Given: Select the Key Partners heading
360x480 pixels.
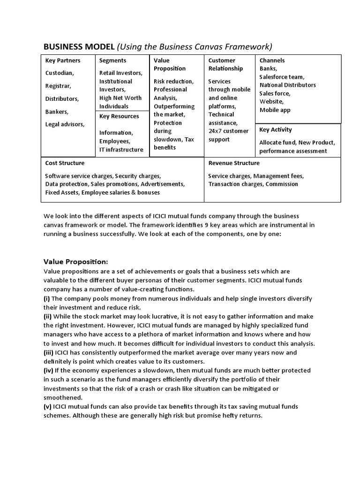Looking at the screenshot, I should [x=62, y=60].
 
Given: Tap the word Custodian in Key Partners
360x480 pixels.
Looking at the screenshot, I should [x=59, y=73].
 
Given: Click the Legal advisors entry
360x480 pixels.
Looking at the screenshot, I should [x=65, y=124].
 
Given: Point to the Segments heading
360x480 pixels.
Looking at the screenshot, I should [x=112, y=60].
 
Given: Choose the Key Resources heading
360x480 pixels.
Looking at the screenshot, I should [x=119, y=116].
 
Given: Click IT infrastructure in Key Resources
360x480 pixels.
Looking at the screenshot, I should [x=121, y=150].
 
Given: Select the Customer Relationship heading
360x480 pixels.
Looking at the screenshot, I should [x=225, y=64].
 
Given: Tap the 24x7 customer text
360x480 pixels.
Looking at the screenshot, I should [x=228, y=131].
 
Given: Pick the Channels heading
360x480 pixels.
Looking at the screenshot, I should [x=272, y=60].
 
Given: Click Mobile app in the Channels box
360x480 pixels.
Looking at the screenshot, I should [x=275, y=110].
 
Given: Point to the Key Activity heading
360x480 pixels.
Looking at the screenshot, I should [x=276, y=130].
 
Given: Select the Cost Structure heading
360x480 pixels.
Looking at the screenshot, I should [x=65, y=163].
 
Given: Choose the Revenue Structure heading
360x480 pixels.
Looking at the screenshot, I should [x=234, y=163].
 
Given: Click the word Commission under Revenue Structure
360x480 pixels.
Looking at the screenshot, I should [x=282, y=184].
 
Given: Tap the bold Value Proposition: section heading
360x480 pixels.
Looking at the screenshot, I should [x=75, y=261].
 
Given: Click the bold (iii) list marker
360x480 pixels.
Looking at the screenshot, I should [x=48, y=352].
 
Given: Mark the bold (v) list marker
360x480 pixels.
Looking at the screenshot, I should [x=48, y=406].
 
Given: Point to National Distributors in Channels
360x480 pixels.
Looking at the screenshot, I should [x=288, y=85].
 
